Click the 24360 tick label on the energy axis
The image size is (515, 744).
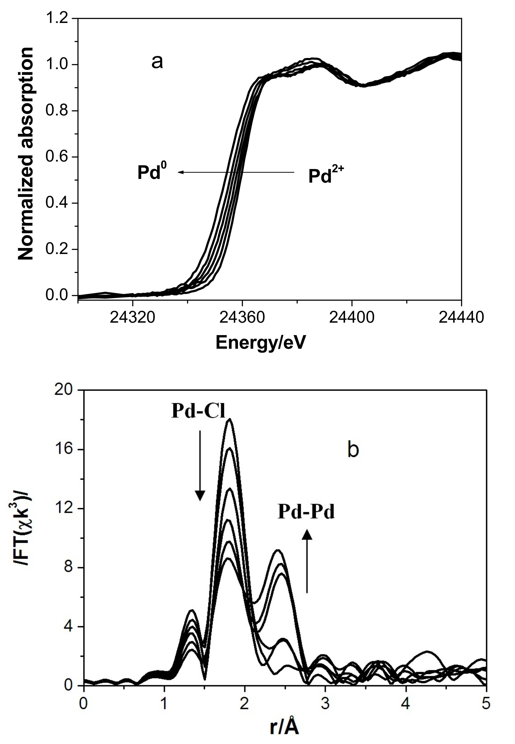242,318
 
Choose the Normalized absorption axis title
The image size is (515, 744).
26,153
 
